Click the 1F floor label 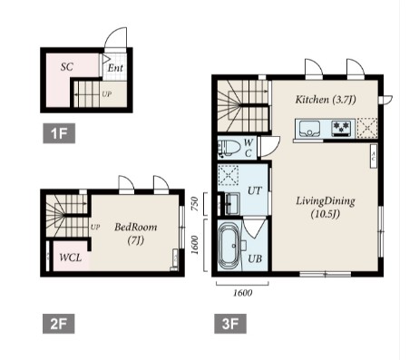pyautogui.click(x=59, y=133)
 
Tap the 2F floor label pyautogui.click(x=59, y=324)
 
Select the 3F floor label pyautogui.click(x=230, y=324)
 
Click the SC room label pyautogui.click(x=67, y=67)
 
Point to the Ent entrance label pyautogui.click(x=115, y=68)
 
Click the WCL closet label pyautogui.click(x=71, y=258)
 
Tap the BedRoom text pyautogui.click(x=136, y=227)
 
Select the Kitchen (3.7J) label pyautogui.click(x=326, y=100)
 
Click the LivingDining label pyautogui.click(x=326, y=201)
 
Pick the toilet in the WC pyautogui.click(x=229, y=148)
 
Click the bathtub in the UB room pyautogui.click(x=229, y=246)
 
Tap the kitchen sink pyautogui.click(x=309, y=129)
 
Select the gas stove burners pyautogui.click(x=342, y=127)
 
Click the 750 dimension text pyautogui.click(x=195, y=204)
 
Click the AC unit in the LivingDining pyautogui.click(x=374, y=156)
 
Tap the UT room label pyautogui.click(x=255, y=191)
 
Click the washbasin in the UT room pyautogui.click(x=232, y=203)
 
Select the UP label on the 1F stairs pyautogui.click(x=106, y=94)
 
